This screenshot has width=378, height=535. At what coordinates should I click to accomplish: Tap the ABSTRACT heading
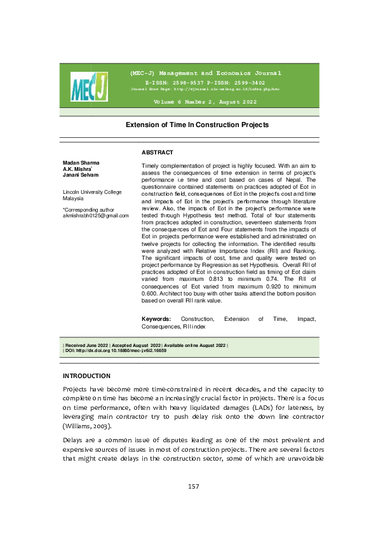pyautogui.click(x=157, y=152)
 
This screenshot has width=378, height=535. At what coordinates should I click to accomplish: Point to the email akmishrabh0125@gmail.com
pyautogui.click(x=95, y=198)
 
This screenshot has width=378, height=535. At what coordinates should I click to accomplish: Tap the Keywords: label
pyautogui.click(x=156, y=318)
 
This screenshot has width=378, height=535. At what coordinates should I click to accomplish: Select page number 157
pyautogui.click(x=194, y=487)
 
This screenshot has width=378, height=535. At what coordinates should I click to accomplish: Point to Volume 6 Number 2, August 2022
pyautogui.click(x=205, y=102)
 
